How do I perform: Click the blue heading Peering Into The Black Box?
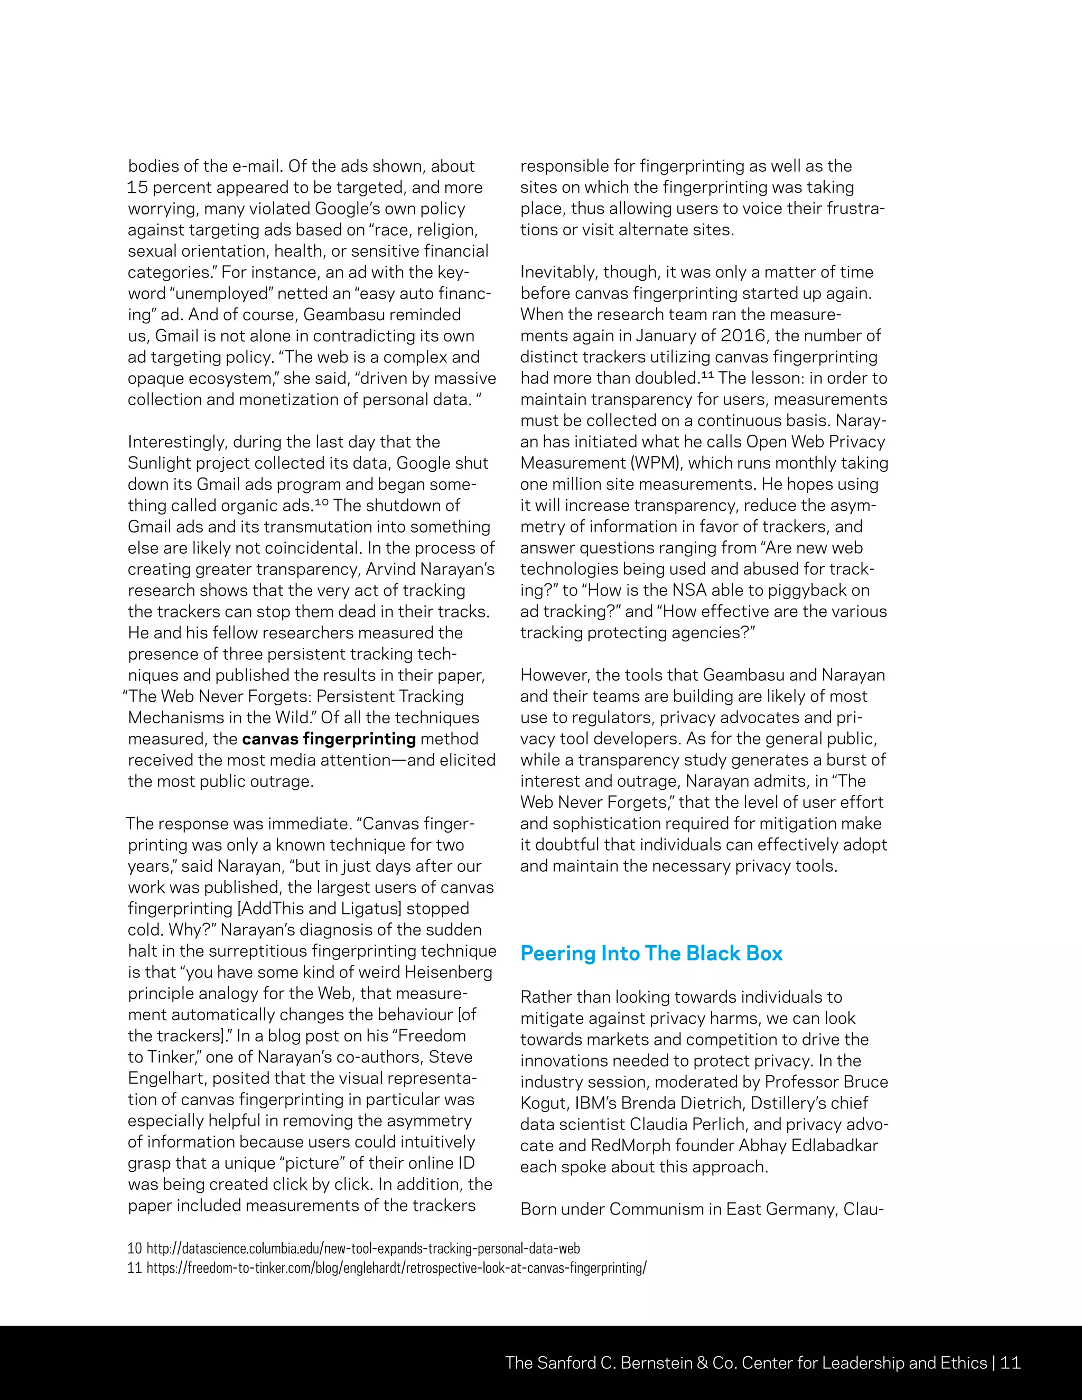(x=651, y=953)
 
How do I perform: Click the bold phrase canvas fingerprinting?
(x=329, y=739)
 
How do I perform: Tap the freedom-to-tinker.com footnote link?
(x=396, y=1267)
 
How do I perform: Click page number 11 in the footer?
(x=1010, y=1363)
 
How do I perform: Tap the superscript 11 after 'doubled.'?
(x=706, y=375)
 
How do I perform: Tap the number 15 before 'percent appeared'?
(x=137, y=188)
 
